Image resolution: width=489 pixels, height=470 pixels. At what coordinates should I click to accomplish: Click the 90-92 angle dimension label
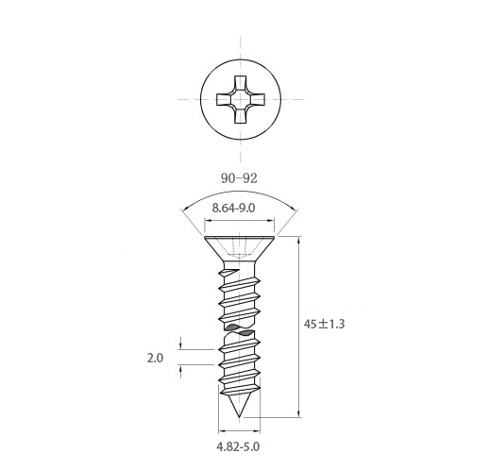(x=239, y=178)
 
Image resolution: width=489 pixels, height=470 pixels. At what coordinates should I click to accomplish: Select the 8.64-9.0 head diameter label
(x=233, y=208)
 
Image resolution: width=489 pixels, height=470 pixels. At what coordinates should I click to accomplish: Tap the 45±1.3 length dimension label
(x=325, y=324)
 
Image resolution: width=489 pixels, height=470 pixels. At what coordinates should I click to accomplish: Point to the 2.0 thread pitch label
(x=155, y=358)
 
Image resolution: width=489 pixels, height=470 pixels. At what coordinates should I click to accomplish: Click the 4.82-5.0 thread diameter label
(x=238, y=446)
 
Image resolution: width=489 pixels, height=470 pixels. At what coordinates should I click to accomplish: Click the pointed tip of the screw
(x=240, y=417)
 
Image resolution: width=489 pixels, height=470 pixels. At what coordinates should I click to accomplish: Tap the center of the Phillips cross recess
(x=241, y=99)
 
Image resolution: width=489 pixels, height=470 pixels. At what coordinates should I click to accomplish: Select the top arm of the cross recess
(x=241, y=83)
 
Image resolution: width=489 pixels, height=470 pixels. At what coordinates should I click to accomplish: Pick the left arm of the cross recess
(x=225, y=99)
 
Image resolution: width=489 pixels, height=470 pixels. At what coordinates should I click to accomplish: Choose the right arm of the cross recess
(x=257, y=99)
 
